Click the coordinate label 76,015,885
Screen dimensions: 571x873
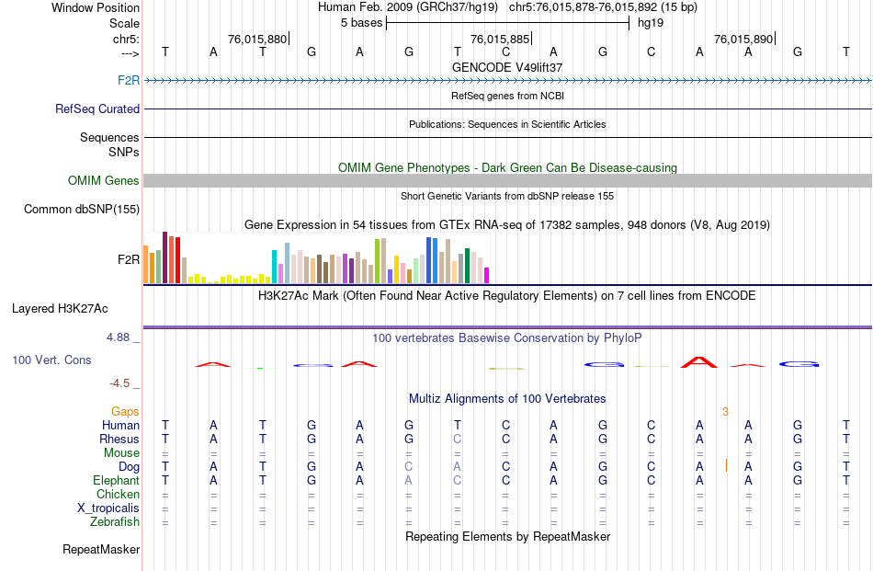500,39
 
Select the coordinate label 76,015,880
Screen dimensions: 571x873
257,39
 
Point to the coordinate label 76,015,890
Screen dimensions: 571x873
743,39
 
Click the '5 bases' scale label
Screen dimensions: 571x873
361,22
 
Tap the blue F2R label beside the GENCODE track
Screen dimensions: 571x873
129,81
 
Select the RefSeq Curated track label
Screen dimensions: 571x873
97,108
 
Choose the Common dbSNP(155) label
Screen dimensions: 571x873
81,209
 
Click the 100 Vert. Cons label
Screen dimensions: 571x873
51,360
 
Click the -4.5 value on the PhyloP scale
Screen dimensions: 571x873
121,383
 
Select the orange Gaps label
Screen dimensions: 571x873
125,411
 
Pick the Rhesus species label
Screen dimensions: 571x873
119,439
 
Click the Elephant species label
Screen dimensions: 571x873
117,480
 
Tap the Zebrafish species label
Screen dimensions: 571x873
115,521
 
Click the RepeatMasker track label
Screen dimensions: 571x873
101,549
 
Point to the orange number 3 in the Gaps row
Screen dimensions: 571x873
725,411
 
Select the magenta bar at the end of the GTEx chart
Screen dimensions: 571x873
487,275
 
